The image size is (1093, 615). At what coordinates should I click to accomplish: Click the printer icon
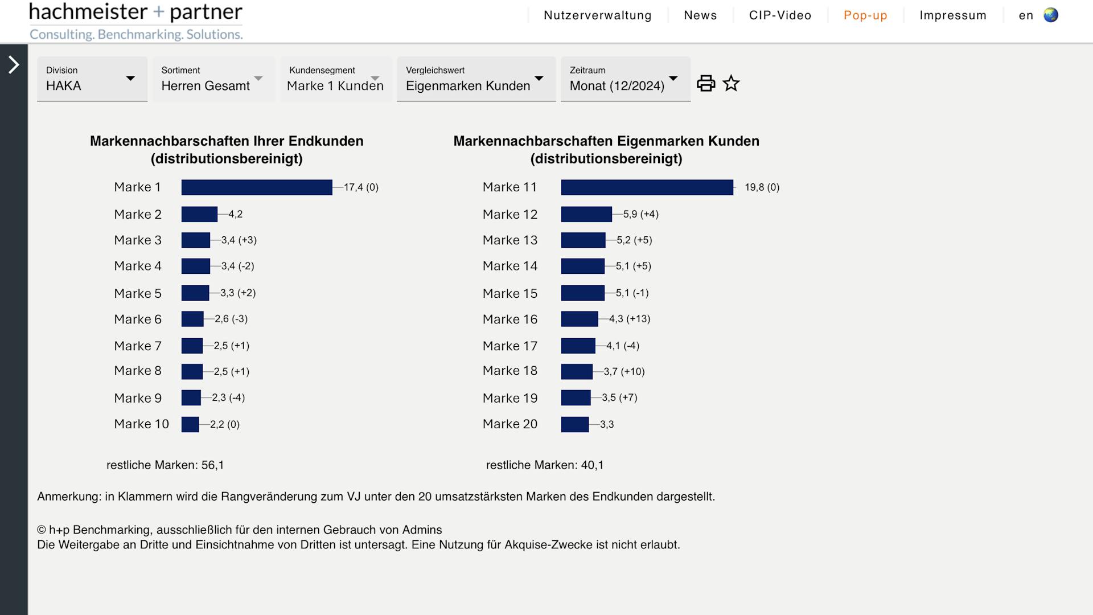(706, 83)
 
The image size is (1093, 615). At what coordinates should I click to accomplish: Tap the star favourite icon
(731, 84)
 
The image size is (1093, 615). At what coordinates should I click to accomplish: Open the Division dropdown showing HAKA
(92, 79)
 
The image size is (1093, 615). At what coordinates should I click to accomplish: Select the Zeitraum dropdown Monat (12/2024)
(625, 79)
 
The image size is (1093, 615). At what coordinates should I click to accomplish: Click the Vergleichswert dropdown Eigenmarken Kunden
(476, 79)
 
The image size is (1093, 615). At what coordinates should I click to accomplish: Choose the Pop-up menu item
(865, 15)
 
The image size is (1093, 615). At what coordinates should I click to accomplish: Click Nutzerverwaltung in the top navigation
(597, 15)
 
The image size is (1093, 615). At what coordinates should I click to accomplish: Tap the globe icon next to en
(1051, 15)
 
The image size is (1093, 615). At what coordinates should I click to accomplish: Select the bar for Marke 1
(257, 187)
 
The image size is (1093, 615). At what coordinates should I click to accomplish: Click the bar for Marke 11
(647, 187)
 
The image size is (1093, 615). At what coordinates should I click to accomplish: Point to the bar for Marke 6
(192, 319)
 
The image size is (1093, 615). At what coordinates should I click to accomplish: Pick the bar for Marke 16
(580, 319)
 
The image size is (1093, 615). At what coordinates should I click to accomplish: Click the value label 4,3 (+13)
(630, 319)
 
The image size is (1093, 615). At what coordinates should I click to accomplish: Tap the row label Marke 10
(141, 424)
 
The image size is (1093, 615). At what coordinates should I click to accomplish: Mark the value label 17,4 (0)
(361, 187)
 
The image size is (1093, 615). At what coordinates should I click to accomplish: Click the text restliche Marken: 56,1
(165, 465)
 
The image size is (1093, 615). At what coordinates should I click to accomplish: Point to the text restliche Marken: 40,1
(545, 465)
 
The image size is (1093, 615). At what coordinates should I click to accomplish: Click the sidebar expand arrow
(14, 65)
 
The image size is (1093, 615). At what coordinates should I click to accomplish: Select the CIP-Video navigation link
(780, 15)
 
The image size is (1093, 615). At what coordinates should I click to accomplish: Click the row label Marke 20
(510, 424)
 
